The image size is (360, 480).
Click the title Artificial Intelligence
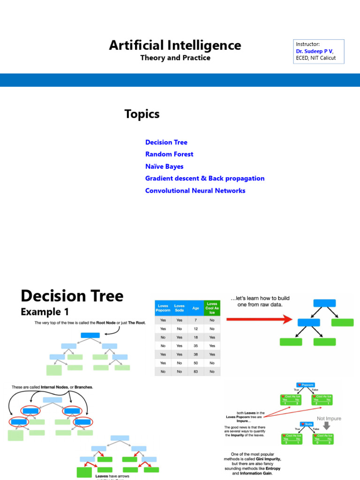(x=175, y=45)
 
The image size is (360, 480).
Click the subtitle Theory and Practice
(x=175, y=58)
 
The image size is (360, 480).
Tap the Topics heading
(x=142, y=114)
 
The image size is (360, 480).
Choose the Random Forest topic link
(x=169, y=154)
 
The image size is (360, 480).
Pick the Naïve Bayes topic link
(x=164, y=166)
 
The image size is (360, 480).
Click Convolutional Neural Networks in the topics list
(x=195, y=191)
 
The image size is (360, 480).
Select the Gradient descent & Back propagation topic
(x=205, y=179)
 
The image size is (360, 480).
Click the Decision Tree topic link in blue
(x=166, y=142)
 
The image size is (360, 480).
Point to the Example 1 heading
(x=47, y=311)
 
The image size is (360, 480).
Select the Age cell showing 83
(x=195, y=372)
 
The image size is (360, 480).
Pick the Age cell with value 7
(x=195, y=320)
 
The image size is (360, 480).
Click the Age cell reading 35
(x=195, y=346)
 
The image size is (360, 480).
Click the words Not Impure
(x=329, y=419)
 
